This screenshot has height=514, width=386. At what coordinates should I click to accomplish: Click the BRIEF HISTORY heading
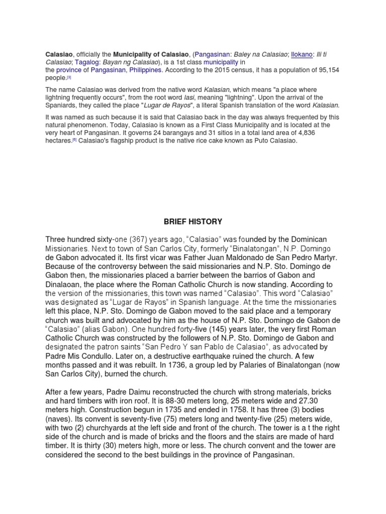point(192,221)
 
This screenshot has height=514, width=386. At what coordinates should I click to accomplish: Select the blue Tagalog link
point(83,62)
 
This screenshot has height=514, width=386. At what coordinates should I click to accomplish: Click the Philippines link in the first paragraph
point(145,70)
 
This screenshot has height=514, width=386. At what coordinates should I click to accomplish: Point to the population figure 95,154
point(328,70)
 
